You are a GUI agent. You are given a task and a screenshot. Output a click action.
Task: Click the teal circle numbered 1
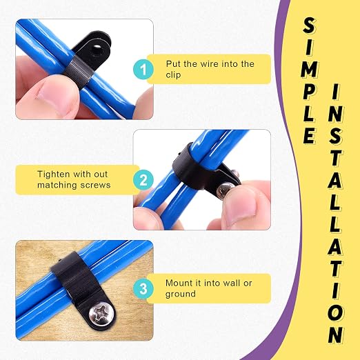(143, 69)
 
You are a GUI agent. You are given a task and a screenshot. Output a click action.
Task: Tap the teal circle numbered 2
(143, 180)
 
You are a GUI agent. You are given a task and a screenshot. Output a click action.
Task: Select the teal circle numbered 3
(143, 288)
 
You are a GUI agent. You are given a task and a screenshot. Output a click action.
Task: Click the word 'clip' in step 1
(173, 74)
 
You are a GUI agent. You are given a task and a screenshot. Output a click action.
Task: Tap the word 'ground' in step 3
(181, 294)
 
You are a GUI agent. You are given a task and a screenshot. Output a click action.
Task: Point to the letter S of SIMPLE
(309, 26)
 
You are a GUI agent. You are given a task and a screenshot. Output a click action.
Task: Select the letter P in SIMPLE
(309, 91)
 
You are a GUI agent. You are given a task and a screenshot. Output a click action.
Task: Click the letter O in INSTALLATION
(335, 312)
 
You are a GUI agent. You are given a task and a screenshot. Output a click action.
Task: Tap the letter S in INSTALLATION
(335, 136)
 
